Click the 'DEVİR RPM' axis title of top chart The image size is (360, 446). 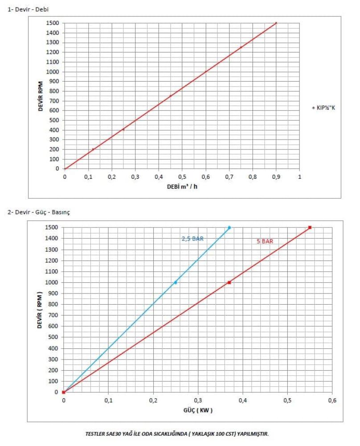[41, 95]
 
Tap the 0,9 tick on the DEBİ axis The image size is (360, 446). [276, 177]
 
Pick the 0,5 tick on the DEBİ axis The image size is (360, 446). [182, 177]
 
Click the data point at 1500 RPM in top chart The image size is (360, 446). [276, 23]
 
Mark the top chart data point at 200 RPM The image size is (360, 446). [93, 149]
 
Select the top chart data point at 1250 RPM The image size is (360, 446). [241, 47]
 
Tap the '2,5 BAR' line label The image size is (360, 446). [192, 239]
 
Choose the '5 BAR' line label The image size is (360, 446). [264, 241]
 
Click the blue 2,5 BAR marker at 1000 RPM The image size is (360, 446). [176, 282]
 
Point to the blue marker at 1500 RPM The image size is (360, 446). [229, 227]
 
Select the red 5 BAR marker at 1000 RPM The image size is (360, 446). [229, 282]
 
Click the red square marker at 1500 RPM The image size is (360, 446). [310, 227]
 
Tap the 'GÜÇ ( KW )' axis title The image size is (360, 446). [197, 410]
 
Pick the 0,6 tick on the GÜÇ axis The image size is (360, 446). [332, 400]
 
